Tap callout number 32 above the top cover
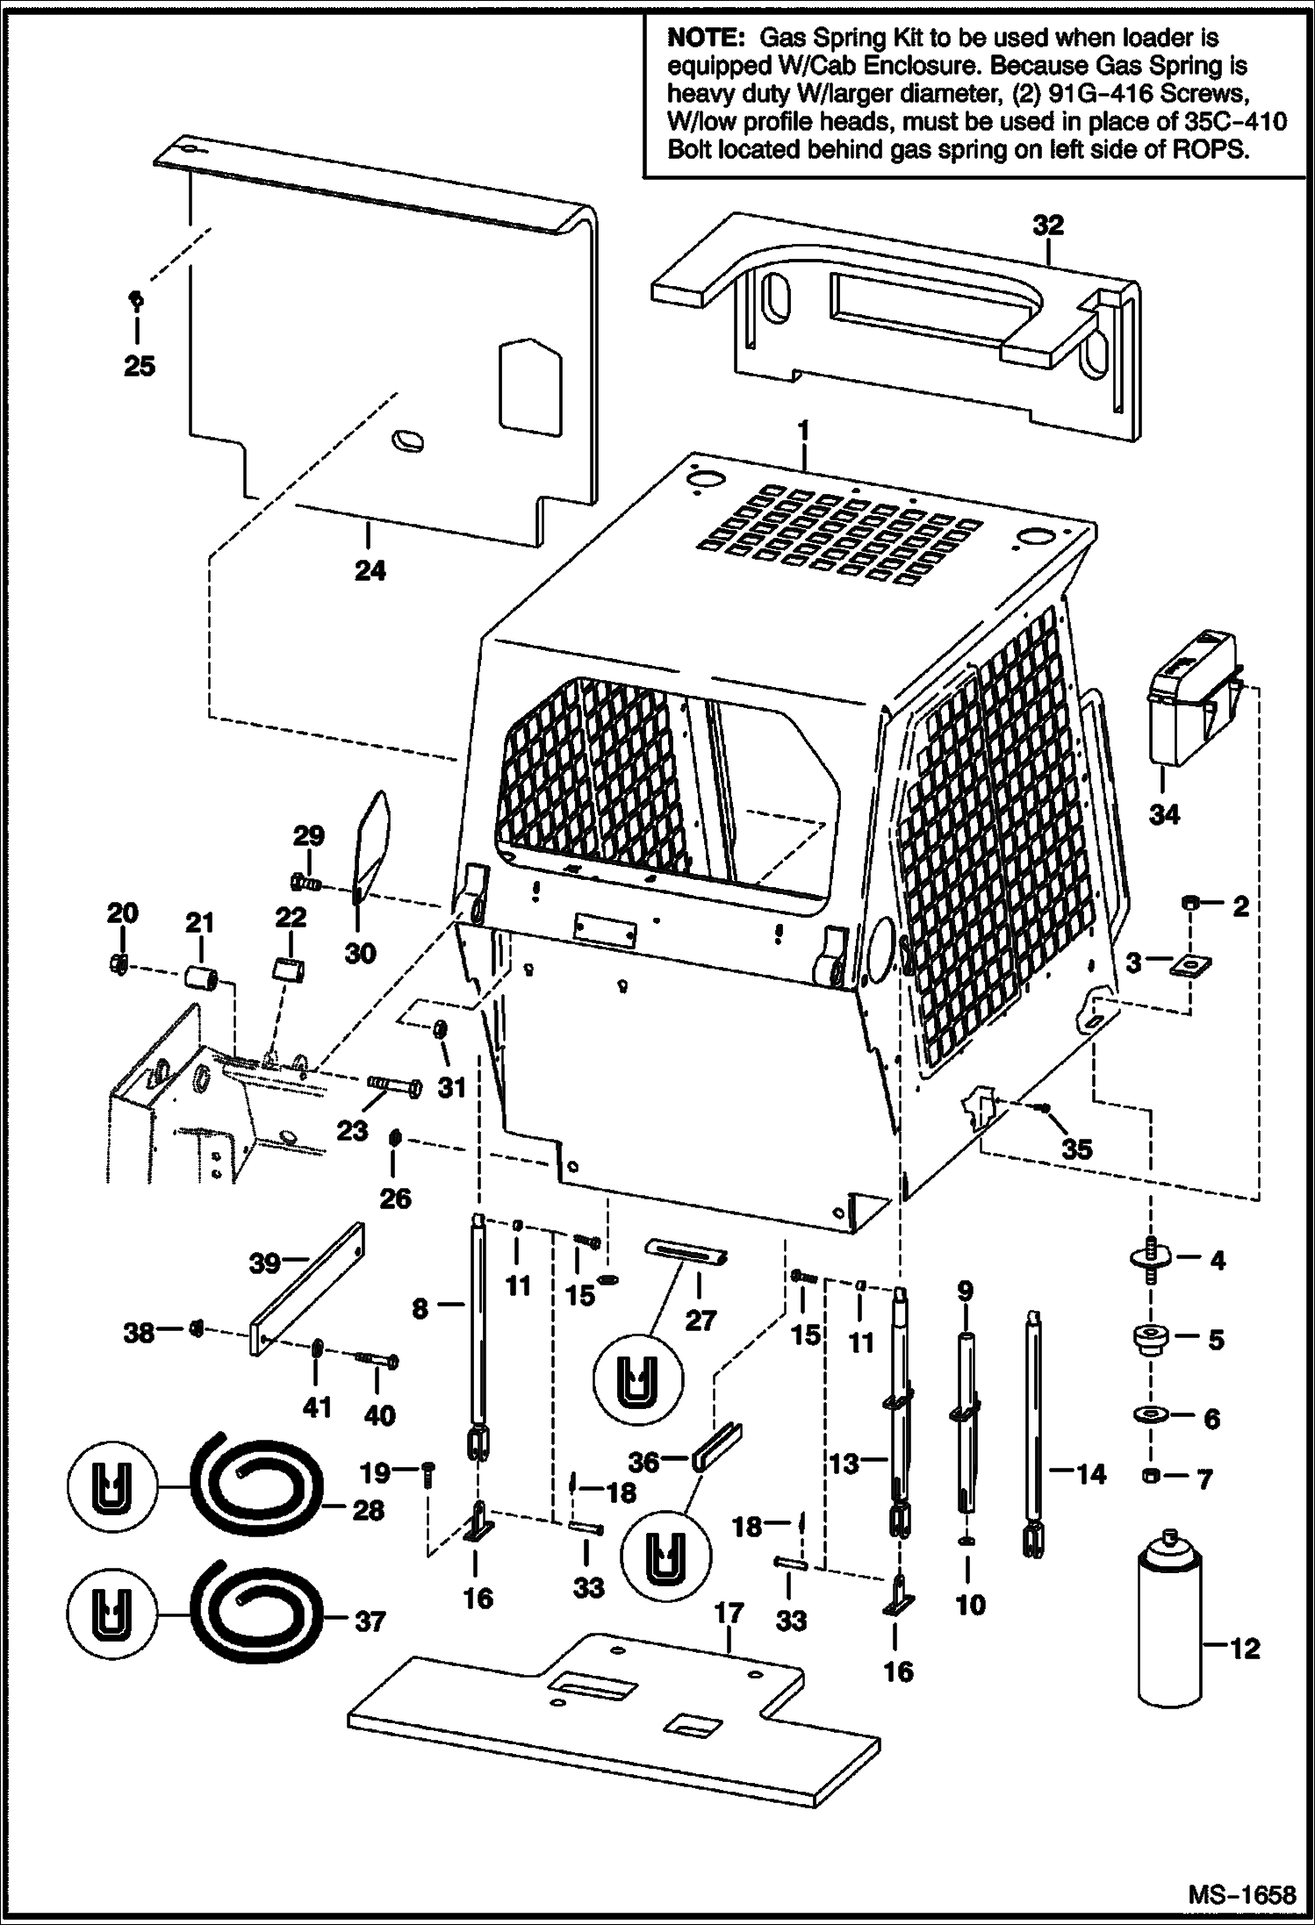(1047, 225)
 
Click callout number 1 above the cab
(801, 433)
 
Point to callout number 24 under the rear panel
(370, 571)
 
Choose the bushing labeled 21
(200, 976)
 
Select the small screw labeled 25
(136, 300)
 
